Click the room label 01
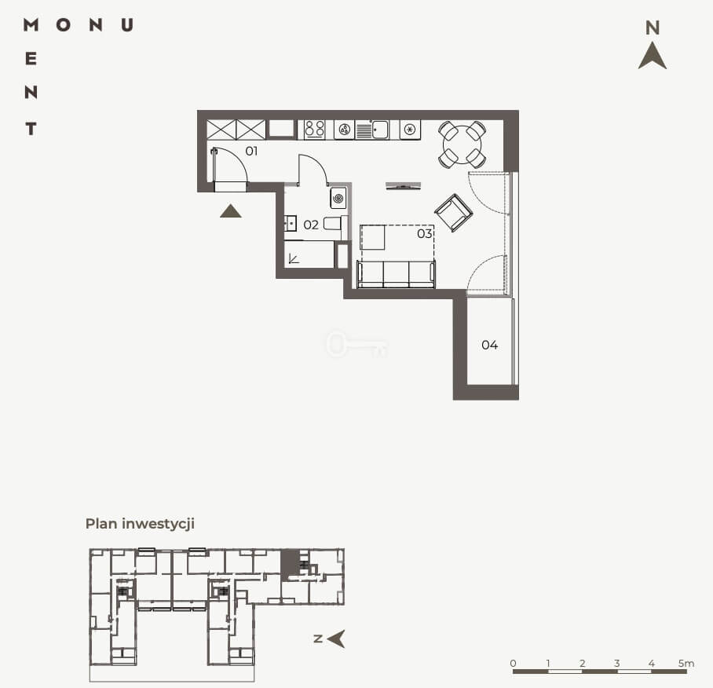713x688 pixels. (251, 151)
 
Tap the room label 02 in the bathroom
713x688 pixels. (311, 225)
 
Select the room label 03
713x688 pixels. (424, 234)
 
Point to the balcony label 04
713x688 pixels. (490, 345)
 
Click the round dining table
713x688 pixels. (462, 145)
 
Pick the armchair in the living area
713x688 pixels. (453, 213)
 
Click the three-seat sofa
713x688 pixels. (396, 274)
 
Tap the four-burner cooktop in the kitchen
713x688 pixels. (314, 129)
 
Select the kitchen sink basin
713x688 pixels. (380, 129)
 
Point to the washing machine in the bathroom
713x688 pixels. (338, 198)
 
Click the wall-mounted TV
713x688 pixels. (403, 186)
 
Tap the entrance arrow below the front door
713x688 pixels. (231, 211)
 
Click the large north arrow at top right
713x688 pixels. (653, 56)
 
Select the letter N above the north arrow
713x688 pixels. (653, 27)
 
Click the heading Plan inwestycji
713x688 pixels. (140, 523)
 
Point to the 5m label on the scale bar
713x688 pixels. (686, 663)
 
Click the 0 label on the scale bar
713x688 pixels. (513, 663)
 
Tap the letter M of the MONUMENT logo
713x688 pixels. (31, 24)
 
